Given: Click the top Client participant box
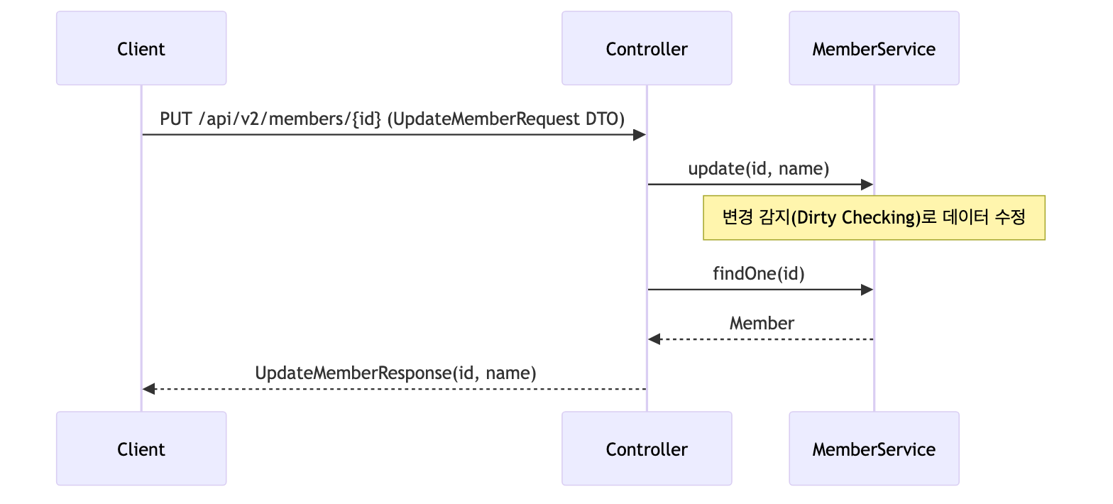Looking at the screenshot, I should (x=141, y=48).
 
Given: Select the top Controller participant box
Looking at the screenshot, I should (x=647, y=48).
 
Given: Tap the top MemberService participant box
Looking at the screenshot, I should (x=874, y=48).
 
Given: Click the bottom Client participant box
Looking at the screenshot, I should (x=141, y=449).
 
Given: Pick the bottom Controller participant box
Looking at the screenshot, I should (x=647, y=449).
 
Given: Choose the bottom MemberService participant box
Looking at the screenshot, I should (x=874, y=449).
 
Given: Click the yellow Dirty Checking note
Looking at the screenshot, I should (x=874, y=217).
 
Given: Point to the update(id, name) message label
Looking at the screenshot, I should (x=758, y=169).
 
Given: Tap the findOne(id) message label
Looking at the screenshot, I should (x=758, y=273).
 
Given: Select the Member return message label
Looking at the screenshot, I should (x=762, y=323).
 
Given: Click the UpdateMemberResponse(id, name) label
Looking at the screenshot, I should (x=395, y=373).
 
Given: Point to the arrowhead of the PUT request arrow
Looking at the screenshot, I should (x=640, y=135).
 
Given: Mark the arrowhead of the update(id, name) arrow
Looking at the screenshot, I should (x=867, y=185).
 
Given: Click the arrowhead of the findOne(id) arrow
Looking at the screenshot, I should (x=867, y=290).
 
